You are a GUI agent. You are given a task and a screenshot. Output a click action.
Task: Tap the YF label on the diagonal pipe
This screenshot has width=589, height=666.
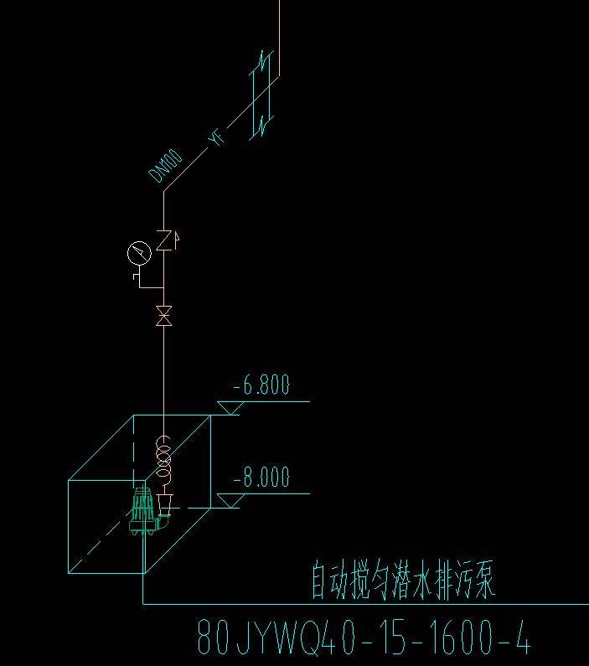(x=217, y=137)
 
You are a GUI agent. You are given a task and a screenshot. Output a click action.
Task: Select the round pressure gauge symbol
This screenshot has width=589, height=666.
(x=138, y=252)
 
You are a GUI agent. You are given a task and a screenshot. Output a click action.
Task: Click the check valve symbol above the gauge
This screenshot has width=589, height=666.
(x=165, y=240)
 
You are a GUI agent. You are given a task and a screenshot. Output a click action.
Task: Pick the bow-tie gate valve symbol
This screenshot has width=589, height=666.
(x=164, y=318)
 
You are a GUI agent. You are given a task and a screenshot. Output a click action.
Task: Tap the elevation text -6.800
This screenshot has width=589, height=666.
(x=261, y=386)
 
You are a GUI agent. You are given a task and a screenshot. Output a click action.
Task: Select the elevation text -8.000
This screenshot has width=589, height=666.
(x=261, y=478)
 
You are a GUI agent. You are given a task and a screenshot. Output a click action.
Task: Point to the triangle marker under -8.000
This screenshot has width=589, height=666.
(x=230, y=500)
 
